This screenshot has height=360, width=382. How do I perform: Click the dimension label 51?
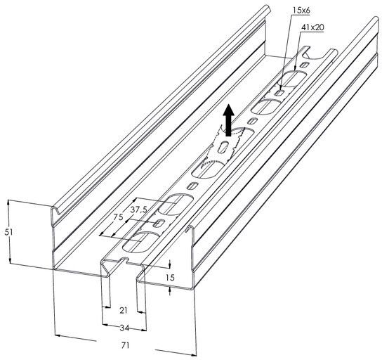[x=8, y=233]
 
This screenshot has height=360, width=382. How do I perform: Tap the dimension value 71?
[x=125, y=345]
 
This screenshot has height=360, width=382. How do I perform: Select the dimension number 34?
[x=124, y=328]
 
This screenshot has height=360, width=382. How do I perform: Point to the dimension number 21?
[x=124, y=311]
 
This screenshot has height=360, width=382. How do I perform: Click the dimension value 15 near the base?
[x=171, y=277]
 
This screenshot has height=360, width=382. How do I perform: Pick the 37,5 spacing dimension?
[x=139, y=210]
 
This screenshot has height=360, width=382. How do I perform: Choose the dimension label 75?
[x=118, y=217]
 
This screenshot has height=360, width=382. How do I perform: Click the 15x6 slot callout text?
[x=301, y=11]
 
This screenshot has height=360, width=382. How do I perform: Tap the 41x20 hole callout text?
[x=312, y=27]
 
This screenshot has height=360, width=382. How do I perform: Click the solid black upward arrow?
[x=228, y=120]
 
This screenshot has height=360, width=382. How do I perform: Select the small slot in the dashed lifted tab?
[x=223, y=148]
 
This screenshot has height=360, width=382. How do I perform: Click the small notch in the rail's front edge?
[x=124, y=260]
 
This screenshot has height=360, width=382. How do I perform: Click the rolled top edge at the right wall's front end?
[x=190, y=229]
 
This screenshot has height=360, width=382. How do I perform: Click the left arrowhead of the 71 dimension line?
[x=58, y=335]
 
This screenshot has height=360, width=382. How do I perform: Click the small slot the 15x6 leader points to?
[x=279, y=92]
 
